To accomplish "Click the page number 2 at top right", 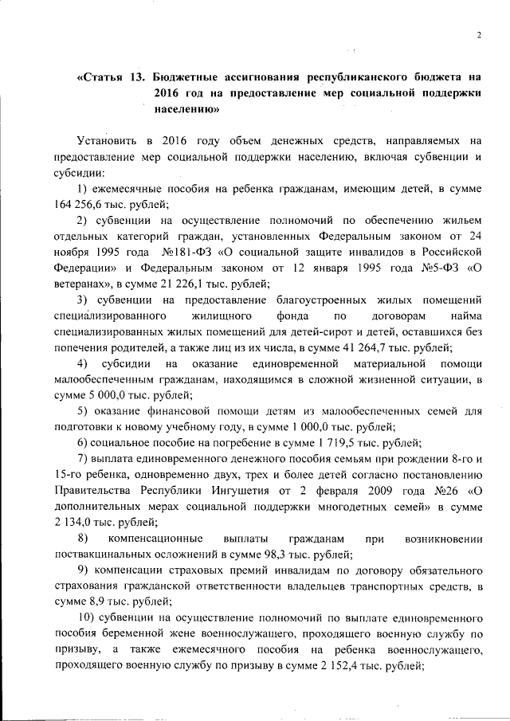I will [480, 34].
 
